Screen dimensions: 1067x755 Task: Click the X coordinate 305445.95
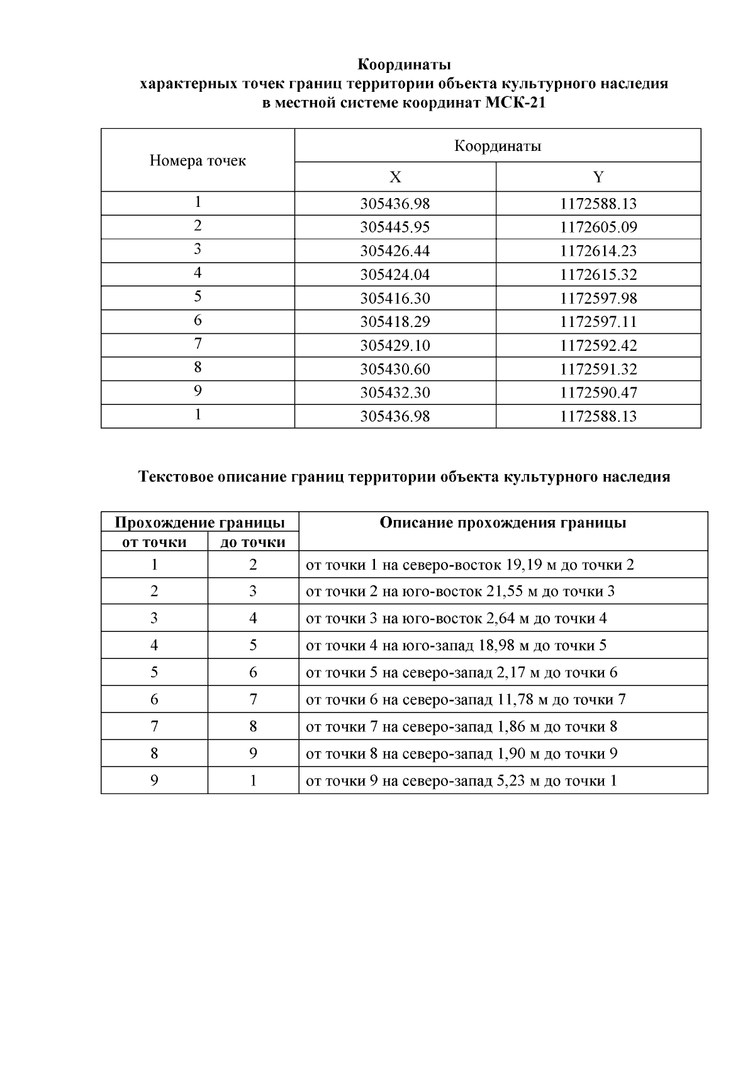tap(394, 228)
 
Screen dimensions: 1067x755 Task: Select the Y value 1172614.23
tap(598, 252)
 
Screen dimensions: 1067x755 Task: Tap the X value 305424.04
tap(394, 275)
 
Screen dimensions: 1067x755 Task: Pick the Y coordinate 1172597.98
tap(598, 299)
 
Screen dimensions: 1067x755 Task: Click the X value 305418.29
tap(394, 322)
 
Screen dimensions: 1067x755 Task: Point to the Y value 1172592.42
tap(598, 346)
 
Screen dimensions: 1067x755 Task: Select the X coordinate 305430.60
tap(394, 369)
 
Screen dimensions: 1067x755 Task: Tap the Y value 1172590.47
tap(598, 393)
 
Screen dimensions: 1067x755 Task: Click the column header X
tap(394, 177)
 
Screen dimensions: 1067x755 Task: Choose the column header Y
tap(598, 177)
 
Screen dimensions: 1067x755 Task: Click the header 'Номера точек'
tap(198, 161)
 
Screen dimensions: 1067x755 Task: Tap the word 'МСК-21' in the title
tap(515, 103)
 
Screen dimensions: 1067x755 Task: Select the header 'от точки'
tap(154, 542)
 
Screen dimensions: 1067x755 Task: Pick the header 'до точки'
tap(253, 542)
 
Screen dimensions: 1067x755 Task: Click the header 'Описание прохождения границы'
tap(503, 523)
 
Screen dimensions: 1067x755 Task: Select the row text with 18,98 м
tap(456, 646)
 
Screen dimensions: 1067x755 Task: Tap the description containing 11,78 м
tap(465, 700)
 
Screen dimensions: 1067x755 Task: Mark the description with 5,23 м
tap(461, 781)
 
